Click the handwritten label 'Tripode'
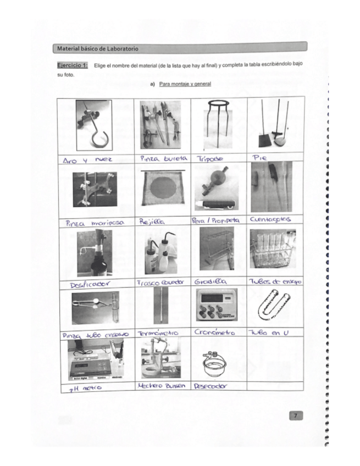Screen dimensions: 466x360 (x=211, y=158)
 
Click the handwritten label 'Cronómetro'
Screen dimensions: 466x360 (x=214, y=332)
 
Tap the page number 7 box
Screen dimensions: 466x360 (x=295, y=416)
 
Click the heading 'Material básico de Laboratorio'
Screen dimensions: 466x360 (x=98, y=49)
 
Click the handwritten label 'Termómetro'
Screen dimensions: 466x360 (x=158, y=334)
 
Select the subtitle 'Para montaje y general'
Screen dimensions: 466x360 (x=185, y=84)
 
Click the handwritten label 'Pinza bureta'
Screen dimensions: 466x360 (x=163, y=158)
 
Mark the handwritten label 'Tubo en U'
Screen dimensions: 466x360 (x=269, y=333)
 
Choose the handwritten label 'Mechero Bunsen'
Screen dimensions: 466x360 (x=159, y=386)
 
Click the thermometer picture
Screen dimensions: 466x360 (x=160, y=306)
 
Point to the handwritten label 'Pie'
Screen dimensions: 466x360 (x=260, y=158)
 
